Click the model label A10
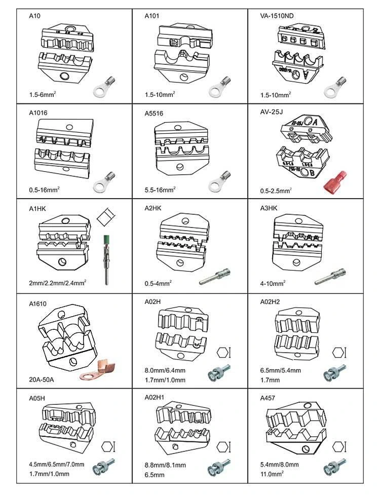point(34,16)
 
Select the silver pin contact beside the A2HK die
point(214,277)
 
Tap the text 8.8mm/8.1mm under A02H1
point(165,465)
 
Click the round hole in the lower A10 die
point(63,77)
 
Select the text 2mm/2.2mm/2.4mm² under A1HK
point(56,284)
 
